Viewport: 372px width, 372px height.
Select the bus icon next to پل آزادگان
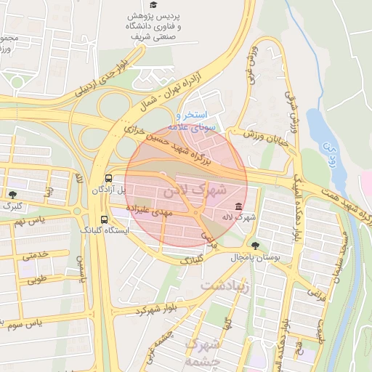tap(108, 177)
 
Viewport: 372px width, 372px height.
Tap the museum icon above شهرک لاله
tap(239, 206)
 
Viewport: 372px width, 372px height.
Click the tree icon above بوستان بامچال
tap(255, 246)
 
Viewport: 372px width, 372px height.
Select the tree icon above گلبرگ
tap(12, 194)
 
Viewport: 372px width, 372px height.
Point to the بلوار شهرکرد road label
tap(155, 307)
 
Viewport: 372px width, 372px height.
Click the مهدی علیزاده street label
tap(148, 211)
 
